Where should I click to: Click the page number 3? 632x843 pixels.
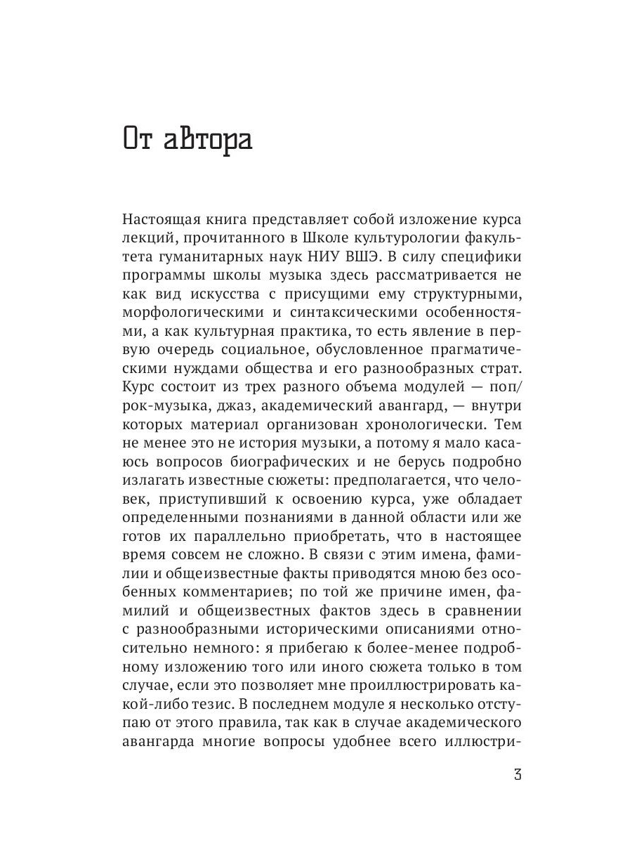tap(518, 776)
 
